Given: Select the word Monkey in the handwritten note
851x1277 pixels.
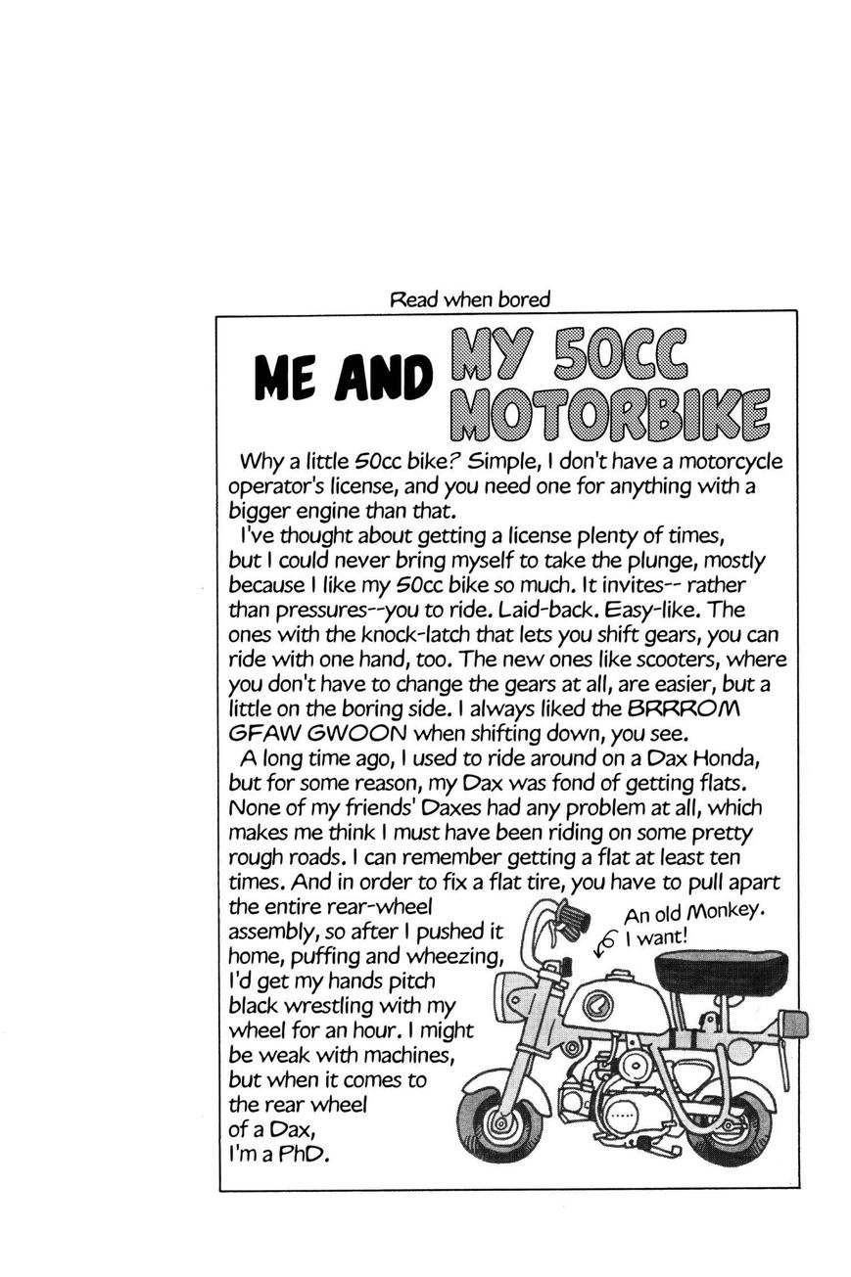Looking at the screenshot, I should click(724, 911).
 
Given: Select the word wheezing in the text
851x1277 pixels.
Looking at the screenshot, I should click(453, 954).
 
